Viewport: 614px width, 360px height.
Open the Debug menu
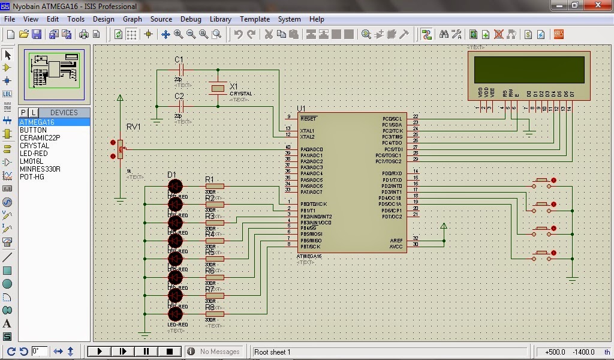click(x=191, y=19)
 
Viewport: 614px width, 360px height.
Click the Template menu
click(x=255, y=19)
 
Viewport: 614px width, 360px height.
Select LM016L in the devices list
click(x=31, y=161)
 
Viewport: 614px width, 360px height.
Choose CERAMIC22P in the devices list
click(x=40, y=138)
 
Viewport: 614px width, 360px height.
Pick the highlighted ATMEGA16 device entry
click(x=37, y=122)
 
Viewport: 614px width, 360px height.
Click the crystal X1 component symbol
click(x=218, y=88)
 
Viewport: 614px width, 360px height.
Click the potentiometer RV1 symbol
click(x=120, y=149)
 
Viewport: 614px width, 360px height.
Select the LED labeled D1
click(x=175, y=186)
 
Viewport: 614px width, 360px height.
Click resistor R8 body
click(x=214, y=314)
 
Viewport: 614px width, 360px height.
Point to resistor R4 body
click(x=214, y=241)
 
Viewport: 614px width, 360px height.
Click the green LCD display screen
click(x=529, y=70)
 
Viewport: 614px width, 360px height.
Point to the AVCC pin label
click(x=396, y=247)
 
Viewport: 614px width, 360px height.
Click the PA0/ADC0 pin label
click(x=311, y=149)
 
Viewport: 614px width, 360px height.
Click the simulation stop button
click(x=170, y=352)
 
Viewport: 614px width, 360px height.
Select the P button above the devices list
click(x=23, y=112)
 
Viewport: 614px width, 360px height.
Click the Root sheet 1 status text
click(x=272, y=352)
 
